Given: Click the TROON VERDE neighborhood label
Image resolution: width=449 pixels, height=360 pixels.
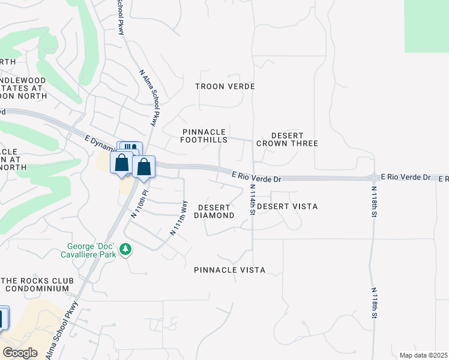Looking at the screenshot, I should tap(225, 86).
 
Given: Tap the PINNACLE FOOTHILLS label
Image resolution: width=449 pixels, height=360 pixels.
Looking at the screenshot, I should tap(205, 136).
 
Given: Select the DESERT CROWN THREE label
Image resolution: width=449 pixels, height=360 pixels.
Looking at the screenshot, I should tap(287, 139).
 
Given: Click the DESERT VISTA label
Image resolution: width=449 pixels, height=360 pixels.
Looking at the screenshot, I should tap(287, 206).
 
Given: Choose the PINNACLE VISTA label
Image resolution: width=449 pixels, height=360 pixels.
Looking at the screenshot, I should tap(229, 270).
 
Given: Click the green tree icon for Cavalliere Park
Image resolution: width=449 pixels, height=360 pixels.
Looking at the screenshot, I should tap(125, 248).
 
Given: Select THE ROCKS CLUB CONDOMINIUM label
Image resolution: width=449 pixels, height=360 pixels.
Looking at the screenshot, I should tap(36, 284).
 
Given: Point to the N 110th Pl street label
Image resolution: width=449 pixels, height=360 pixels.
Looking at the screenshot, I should tap(139, 206).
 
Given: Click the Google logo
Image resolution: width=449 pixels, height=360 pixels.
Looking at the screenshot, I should tap(20, 353).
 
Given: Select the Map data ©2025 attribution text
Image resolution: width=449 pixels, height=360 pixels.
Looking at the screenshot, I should tap(423, 355).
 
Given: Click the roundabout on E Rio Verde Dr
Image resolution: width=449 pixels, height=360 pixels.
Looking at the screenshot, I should tap(374, 178).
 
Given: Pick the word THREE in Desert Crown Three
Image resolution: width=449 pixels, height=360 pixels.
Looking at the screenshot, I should tap(304, 143).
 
